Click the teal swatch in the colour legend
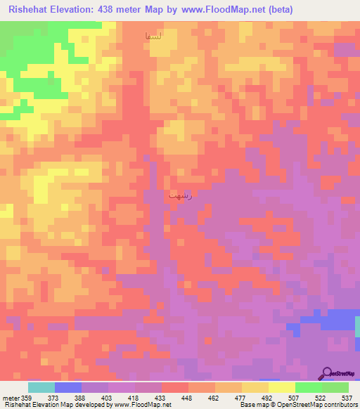point(41,387)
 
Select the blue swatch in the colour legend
point(68,387)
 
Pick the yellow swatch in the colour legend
point(282,387)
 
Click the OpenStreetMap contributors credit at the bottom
point(316,404)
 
